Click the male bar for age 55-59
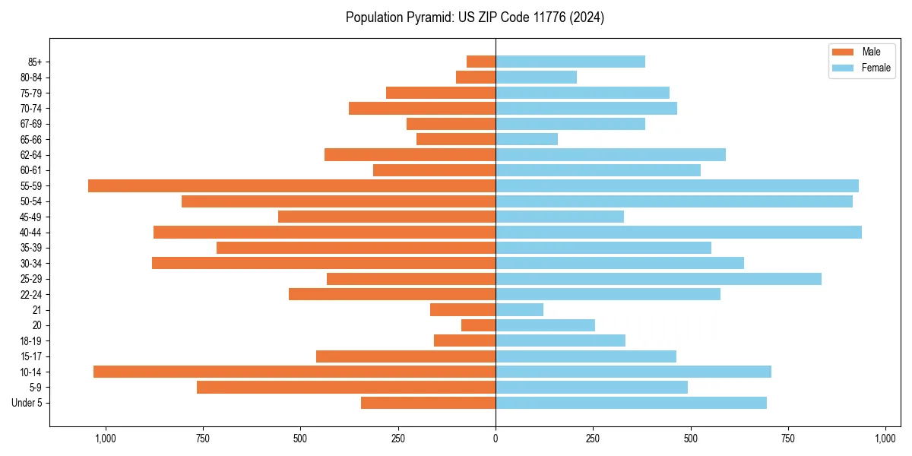coord(292,185)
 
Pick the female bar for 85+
coord(570,62)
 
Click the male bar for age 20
coord(478,325)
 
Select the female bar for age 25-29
coord(658,279)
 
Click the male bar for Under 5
coord(428,403)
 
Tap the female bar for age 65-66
coord(527,139)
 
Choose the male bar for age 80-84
coord(476,77)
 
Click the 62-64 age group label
coord(31,155)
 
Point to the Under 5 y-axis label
coord(27,403)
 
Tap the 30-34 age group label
coord(31,264)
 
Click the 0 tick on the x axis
coord(496,439)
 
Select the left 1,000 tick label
coord(105,439)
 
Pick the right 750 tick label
coord(788,439)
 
